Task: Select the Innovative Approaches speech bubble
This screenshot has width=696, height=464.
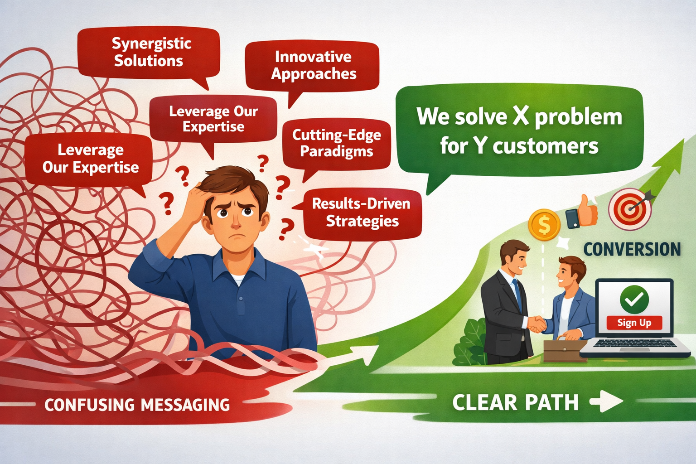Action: pos(313,66)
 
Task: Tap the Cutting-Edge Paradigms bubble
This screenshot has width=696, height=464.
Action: pos(336,143)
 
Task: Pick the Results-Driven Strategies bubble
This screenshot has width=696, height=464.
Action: pos(362,213)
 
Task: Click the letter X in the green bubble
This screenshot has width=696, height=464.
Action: pos(521,116)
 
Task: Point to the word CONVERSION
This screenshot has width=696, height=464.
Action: pos(632,249)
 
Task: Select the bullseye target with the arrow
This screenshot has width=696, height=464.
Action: pos(630,208)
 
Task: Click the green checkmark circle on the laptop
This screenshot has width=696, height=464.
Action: pos(634,299)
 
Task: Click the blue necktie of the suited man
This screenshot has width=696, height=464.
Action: pos(516,295)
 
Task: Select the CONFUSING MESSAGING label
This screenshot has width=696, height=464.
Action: pos(137,405)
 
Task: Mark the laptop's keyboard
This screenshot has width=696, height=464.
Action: pos(634,344)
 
